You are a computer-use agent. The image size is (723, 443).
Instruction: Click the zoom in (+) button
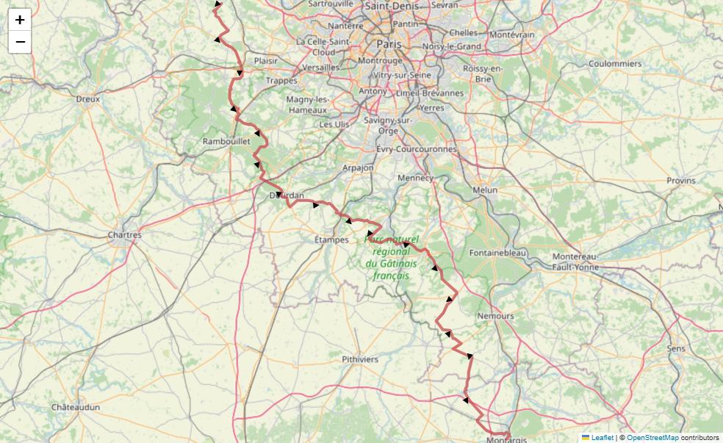coord(20,20)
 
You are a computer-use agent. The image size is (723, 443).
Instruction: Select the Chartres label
coord(124,235)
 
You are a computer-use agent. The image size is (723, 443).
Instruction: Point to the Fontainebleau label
coord(498,253)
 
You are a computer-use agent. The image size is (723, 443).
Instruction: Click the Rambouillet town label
coord(226,141)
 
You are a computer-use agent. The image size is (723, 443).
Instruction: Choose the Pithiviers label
coord(360,359)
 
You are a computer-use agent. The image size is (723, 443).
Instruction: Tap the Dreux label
coord(87,98)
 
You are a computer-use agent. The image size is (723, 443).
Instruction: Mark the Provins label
coord(680,181)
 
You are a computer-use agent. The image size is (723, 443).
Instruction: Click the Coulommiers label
coord(615,64)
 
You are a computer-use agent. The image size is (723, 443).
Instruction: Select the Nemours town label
coord(496,316)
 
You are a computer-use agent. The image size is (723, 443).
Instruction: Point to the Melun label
coord(485,190)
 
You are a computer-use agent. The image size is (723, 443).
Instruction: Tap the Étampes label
coord(331,239)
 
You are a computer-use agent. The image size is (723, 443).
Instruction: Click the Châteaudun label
coord(76,407)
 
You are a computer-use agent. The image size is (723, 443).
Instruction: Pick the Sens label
coord(675,348)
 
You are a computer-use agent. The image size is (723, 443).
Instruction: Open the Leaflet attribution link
coord(602,437)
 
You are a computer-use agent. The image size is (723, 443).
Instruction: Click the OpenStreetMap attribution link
coord(652,437)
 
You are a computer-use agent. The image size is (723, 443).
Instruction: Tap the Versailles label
coord(320,67)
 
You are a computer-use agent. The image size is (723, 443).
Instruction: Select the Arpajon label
coord(358,168)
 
